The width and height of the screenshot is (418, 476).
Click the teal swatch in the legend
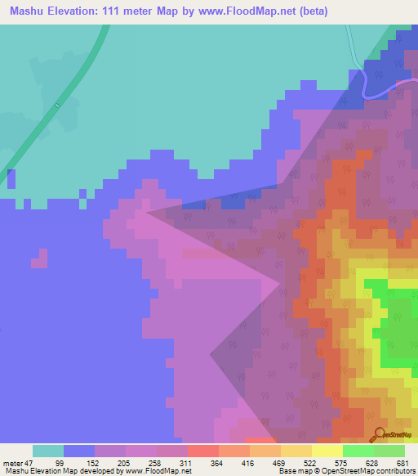click(x=48, y=451)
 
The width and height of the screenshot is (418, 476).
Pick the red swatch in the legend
click(x=203, y=451)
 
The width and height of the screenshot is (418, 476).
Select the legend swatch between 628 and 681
click(x=389, y=451)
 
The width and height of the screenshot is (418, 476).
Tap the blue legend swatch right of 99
click(x=79, y=451)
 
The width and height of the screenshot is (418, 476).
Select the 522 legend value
click(x=311, y=463)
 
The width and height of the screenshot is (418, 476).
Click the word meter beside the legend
click(x=12, y=463)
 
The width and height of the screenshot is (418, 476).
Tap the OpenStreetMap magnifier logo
click(x=379, y=434)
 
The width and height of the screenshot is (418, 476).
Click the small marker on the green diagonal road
click(x=58, y=106)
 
